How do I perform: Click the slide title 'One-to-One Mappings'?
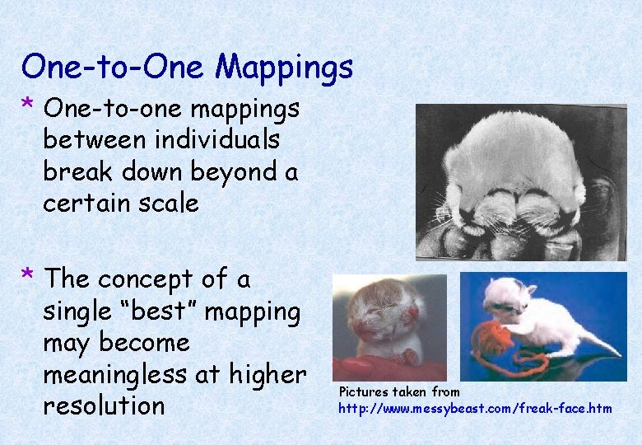[187, 66]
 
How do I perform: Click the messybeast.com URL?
[475, 408]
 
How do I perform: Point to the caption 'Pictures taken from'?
[398, 391]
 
